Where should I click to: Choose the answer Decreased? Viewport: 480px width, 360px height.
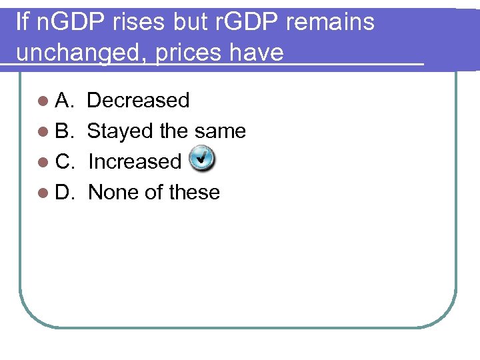click(x=138, y=101)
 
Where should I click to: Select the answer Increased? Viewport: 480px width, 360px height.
click(x=135, y=162)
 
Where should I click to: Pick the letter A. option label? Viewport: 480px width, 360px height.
click(x=64, y=101)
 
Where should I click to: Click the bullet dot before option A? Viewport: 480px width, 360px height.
click(x=43, y=101)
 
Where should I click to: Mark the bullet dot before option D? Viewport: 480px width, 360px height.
click(x=43, y=193)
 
